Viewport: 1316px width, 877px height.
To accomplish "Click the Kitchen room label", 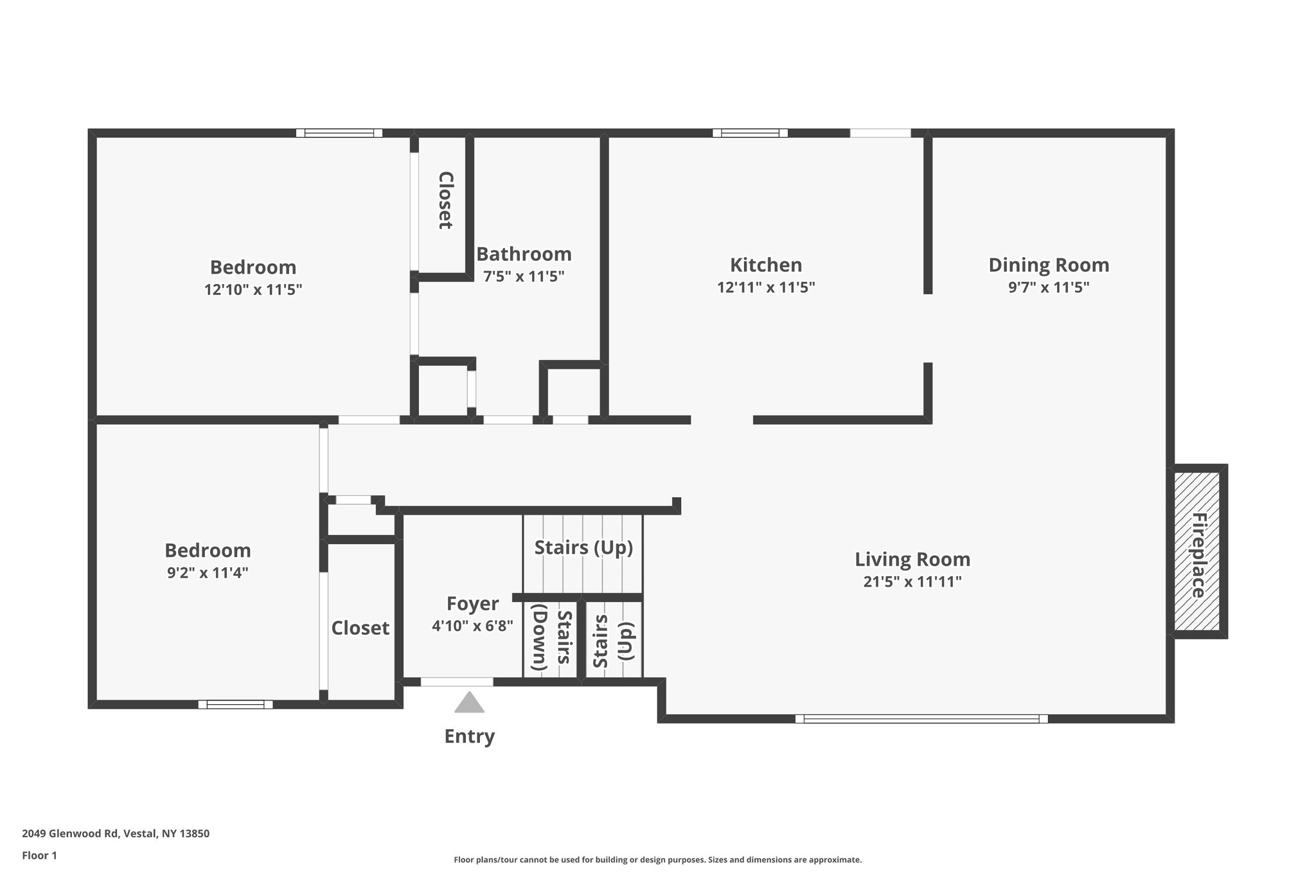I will coord(765,265).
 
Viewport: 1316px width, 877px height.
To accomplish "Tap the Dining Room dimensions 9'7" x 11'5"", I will coord(1048,287).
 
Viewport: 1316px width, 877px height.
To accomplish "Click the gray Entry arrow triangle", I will coord(469,703).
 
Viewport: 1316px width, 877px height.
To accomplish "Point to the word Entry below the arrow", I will coord(469,736).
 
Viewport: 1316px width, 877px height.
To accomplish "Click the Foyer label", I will coord(472,603).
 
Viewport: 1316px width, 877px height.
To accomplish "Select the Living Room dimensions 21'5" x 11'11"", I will coord(912,582).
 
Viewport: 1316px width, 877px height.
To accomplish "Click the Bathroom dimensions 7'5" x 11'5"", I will coord(523,277).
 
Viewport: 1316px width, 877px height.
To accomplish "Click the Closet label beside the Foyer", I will coord(360,628).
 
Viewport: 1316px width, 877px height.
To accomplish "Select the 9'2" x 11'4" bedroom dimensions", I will coord(208,572).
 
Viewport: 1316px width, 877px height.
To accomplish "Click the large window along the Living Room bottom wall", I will coord(921,719).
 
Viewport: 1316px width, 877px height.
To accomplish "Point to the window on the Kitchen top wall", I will coord(749,133).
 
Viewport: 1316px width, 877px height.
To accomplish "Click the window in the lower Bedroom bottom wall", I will coord(235,704).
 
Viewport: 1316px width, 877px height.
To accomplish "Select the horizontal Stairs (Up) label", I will coord(583,547).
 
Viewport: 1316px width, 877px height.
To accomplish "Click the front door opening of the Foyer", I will coord(457,682).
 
